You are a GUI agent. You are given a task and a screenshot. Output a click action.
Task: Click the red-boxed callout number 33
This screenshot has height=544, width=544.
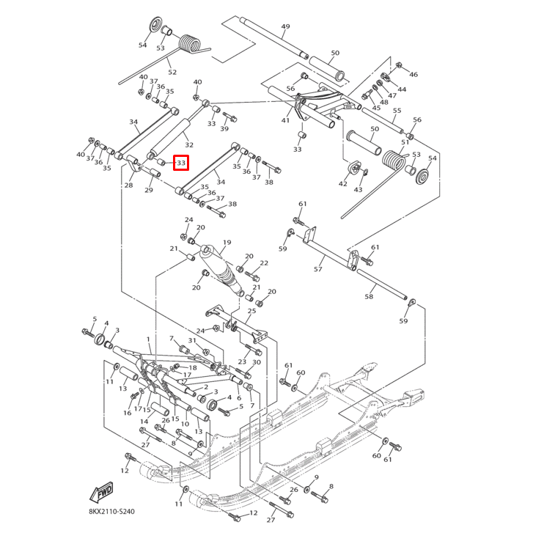[181, 162]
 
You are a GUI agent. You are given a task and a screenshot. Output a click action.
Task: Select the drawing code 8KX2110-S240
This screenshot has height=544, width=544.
[112, 511]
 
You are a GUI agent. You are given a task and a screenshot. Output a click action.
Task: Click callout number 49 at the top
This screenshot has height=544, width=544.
[285, 27]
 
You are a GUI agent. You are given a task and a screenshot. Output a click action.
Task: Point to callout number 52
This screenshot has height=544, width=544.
[172, 72]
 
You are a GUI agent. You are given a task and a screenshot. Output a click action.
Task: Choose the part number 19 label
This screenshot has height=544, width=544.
[227, 243]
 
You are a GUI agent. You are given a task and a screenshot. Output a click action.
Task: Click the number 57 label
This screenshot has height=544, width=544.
[318, 269]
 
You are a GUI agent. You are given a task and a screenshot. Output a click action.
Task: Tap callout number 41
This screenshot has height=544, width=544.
[285, 120]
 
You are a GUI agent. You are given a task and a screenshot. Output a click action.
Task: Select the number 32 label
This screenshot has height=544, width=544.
[188, 144]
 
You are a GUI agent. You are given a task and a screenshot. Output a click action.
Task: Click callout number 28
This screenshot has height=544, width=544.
[128, 185]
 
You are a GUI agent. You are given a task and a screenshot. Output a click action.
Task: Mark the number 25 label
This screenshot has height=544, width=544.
[251, 311]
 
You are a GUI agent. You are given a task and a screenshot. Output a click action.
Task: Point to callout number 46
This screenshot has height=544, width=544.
[413, 75]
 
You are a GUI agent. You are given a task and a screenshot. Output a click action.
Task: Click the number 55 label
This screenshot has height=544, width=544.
[397, 111]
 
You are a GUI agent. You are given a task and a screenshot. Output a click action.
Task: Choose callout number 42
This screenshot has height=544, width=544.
[342, 184]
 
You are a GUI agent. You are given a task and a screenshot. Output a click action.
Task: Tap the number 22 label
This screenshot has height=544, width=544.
[264, 263]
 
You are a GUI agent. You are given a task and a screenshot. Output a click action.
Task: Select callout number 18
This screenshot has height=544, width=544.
[193, 368]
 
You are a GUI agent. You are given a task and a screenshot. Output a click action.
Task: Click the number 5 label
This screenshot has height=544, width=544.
[94, 319]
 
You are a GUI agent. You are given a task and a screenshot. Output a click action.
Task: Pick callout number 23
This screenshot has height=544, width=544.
[242, 362]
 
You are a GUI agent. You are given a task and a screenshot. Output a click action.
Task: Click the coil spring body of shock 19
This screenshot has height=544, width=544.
[223, 275]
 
